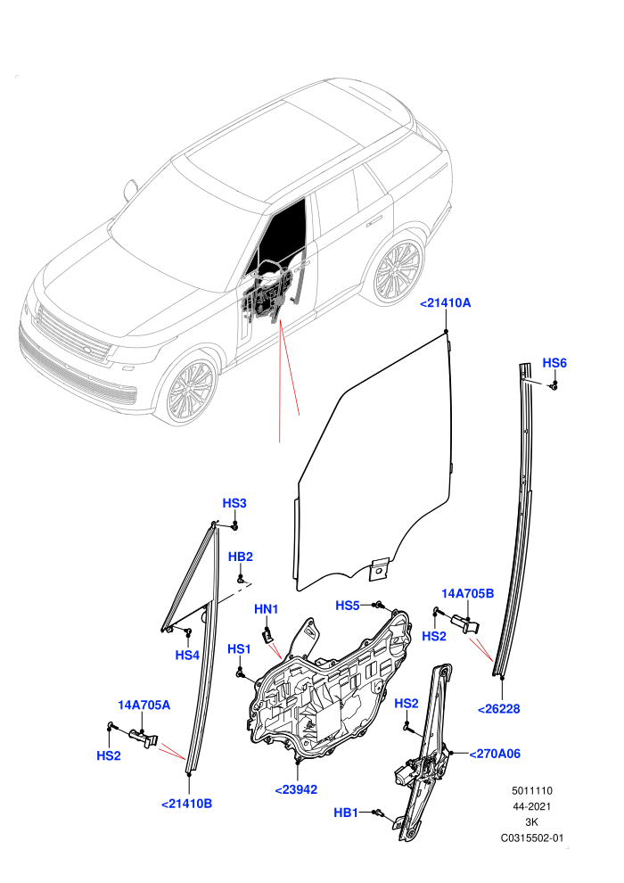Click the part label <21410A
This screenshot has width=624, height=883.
[x=445, y=303]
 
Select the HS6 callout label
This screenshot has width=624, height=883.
[x=554, y=363]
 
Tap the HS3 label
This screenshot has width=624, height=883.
[x=234, y=503]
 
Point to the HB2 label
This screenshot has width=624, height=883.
[x=241, y=557]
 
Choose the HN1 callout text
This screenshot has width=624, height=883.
[x=267, y=609]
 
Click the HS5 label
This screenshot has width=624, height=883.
[x=347, y=606]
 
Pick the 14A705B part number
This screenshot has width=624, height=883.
[x=468, y=593]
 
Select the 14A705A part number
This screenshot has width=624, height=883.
[x=144, y=705]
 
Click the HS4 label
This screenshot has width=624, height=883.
[x=187, y=655]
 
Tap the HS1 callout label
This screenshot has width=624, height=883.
[x=239, y=649]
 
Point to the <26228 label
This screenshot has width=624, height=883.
[x=499, y=709]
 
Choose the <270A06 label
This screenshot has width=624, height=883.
[x=495, y=754]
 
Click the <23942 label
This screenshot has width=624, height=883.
[x=296, y=789]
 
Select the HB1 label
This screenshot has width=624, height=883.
[x=346, y=813]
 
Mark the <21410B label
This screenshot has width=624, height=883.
[x=187, y=804]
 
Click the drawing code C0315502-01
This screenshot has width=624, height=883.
[x=531, y=838]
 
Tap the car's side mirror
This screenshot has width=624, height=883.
[x=130, y=190]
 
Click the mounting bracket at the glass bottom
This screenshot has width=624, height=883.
[x=379, y=569]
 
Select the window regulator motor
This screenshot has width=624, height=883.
[x=406, y=773]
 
